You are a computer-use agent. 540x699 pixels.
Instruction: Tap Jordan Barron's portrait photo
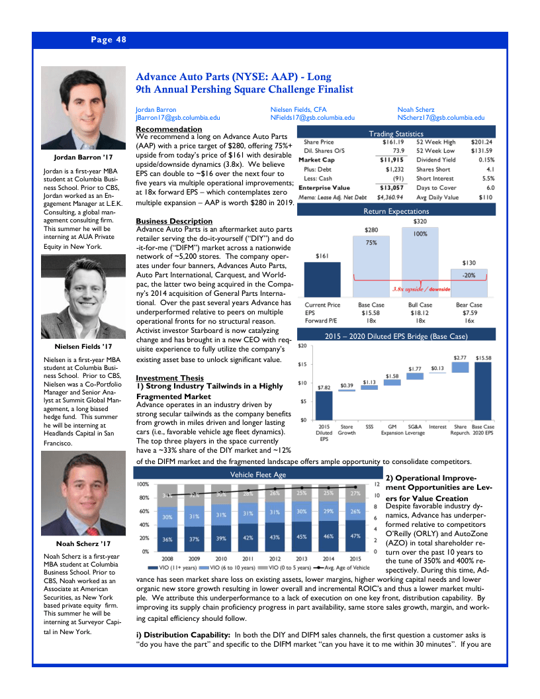79,109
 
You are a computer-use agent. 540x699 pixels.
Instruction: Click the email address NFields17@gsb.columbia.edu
311,118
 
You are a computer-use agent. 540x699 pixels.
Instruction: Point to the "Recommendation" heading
169,128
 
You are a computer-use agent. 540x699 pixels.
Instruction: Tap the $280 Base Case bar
371,265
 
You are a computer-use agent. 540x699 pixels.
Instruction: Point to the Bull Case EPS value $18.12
420,312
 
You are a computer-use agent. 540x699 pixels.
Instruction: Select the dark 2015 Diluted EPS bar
324,405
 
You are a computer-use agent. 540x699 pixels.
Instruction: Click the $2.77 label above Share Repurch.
460,357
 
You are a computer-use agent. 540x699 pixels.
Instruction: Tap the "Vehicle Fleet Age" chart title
258,475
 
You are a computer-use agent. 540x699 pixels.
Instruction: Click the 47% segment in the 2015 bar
355,536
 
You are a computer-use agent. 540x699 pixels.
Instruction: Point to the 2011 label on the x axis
248,559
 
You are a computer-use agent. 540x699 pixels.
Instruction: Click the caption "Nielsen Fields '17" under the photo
79,346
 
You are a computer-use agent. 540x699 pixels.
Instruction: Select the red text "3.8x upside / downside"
422,289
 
